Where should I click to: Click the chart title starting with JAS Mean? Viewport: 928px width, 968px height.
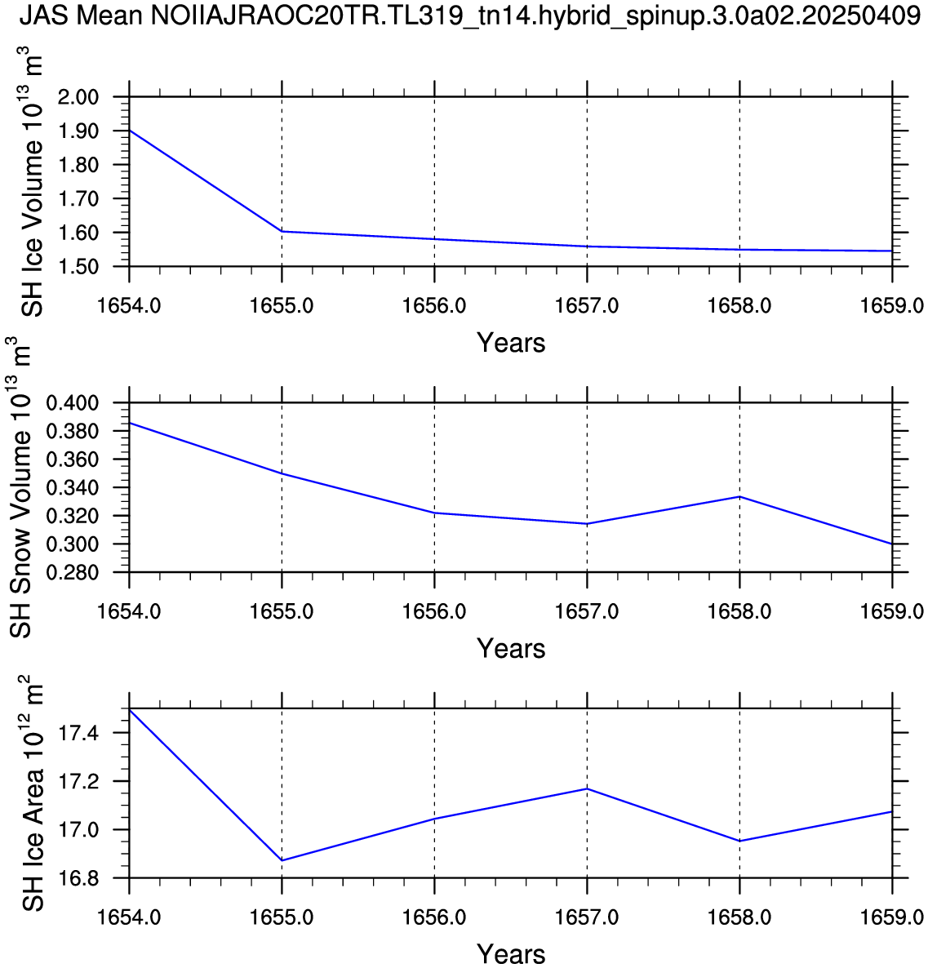(x=464, y=16)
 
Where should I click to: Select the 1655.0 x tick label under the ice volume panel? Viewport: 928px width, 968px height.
(x=282, y=306)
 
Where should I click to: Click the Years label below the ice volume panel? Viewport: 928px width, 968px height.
(x=511, y=343)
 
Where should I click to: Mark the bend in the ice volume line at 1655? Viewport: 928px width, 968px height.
(x=282, y=232)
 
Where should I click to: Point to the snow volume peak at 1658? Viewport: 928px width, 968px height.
(x=739, y=496)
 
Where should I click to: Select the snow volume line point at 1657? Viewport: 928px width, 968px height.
(x=587, y=524)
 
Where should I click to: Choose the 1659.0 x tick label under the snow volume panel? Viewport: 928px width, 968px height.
(x=892, y=612)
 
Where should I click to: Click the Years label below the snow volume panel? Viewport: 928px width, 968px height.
(x=511, y=649)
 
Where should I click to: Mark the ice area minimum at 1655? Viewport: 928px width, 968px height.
(x=282, y=860)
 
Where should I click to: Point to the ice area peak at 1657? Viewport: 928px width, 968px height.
(x=587, y=788)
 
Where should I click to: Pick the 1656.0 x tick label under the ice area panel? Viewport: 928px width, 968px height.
(x=434, y=918)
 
